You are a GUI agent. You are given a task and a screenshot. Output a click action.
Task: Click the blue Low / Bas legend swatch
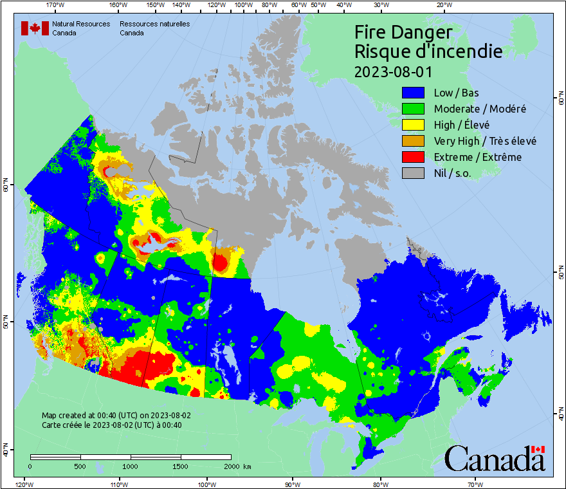[413, 93]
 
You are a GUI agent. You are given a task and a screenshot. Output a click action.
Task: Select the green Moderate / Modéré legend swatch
[413, 109]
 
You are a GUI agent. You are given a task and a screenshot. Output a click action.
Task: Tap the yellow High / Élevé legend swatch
[413, 125]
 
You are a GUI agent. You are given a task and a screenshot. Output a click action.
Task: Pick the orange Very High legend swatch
[413, 141]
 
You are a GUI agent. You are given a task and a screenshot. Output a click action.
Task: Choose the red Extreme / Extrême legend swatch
[413, 157]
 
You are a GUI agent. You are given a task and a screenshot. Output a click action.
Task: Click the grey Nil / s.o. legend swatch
[413, 173]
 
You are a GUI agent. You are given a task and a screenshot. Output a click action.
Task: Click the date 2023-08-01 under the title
[393, 71]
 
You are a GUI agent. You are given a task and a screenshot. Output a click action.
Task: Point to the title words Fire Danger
[403, 32]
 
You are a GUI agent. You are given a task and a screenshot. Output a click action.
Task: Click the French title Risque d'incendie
[428, 51]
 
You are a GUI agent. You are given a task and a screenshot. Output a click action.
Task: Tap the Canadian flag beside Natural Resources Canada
[35, 28]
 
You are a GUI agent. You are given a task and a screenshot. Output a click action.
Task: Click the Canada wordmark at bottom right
[495, 459]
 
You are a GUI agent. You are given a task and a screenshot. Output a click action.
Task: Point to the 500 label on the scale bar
[80, 466]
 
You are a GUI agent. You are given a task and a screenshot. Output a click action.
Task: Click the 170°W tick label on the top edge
[56, 5]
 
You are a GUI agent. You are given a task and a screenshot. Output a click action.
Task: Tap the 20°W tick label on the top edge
[443, 5]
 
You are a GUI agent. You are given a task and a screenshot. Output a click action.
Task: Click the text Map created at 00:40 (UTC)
[116, 416]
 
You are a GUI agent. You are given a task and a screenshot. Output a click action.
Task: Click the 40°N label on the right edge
[561, 416]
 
